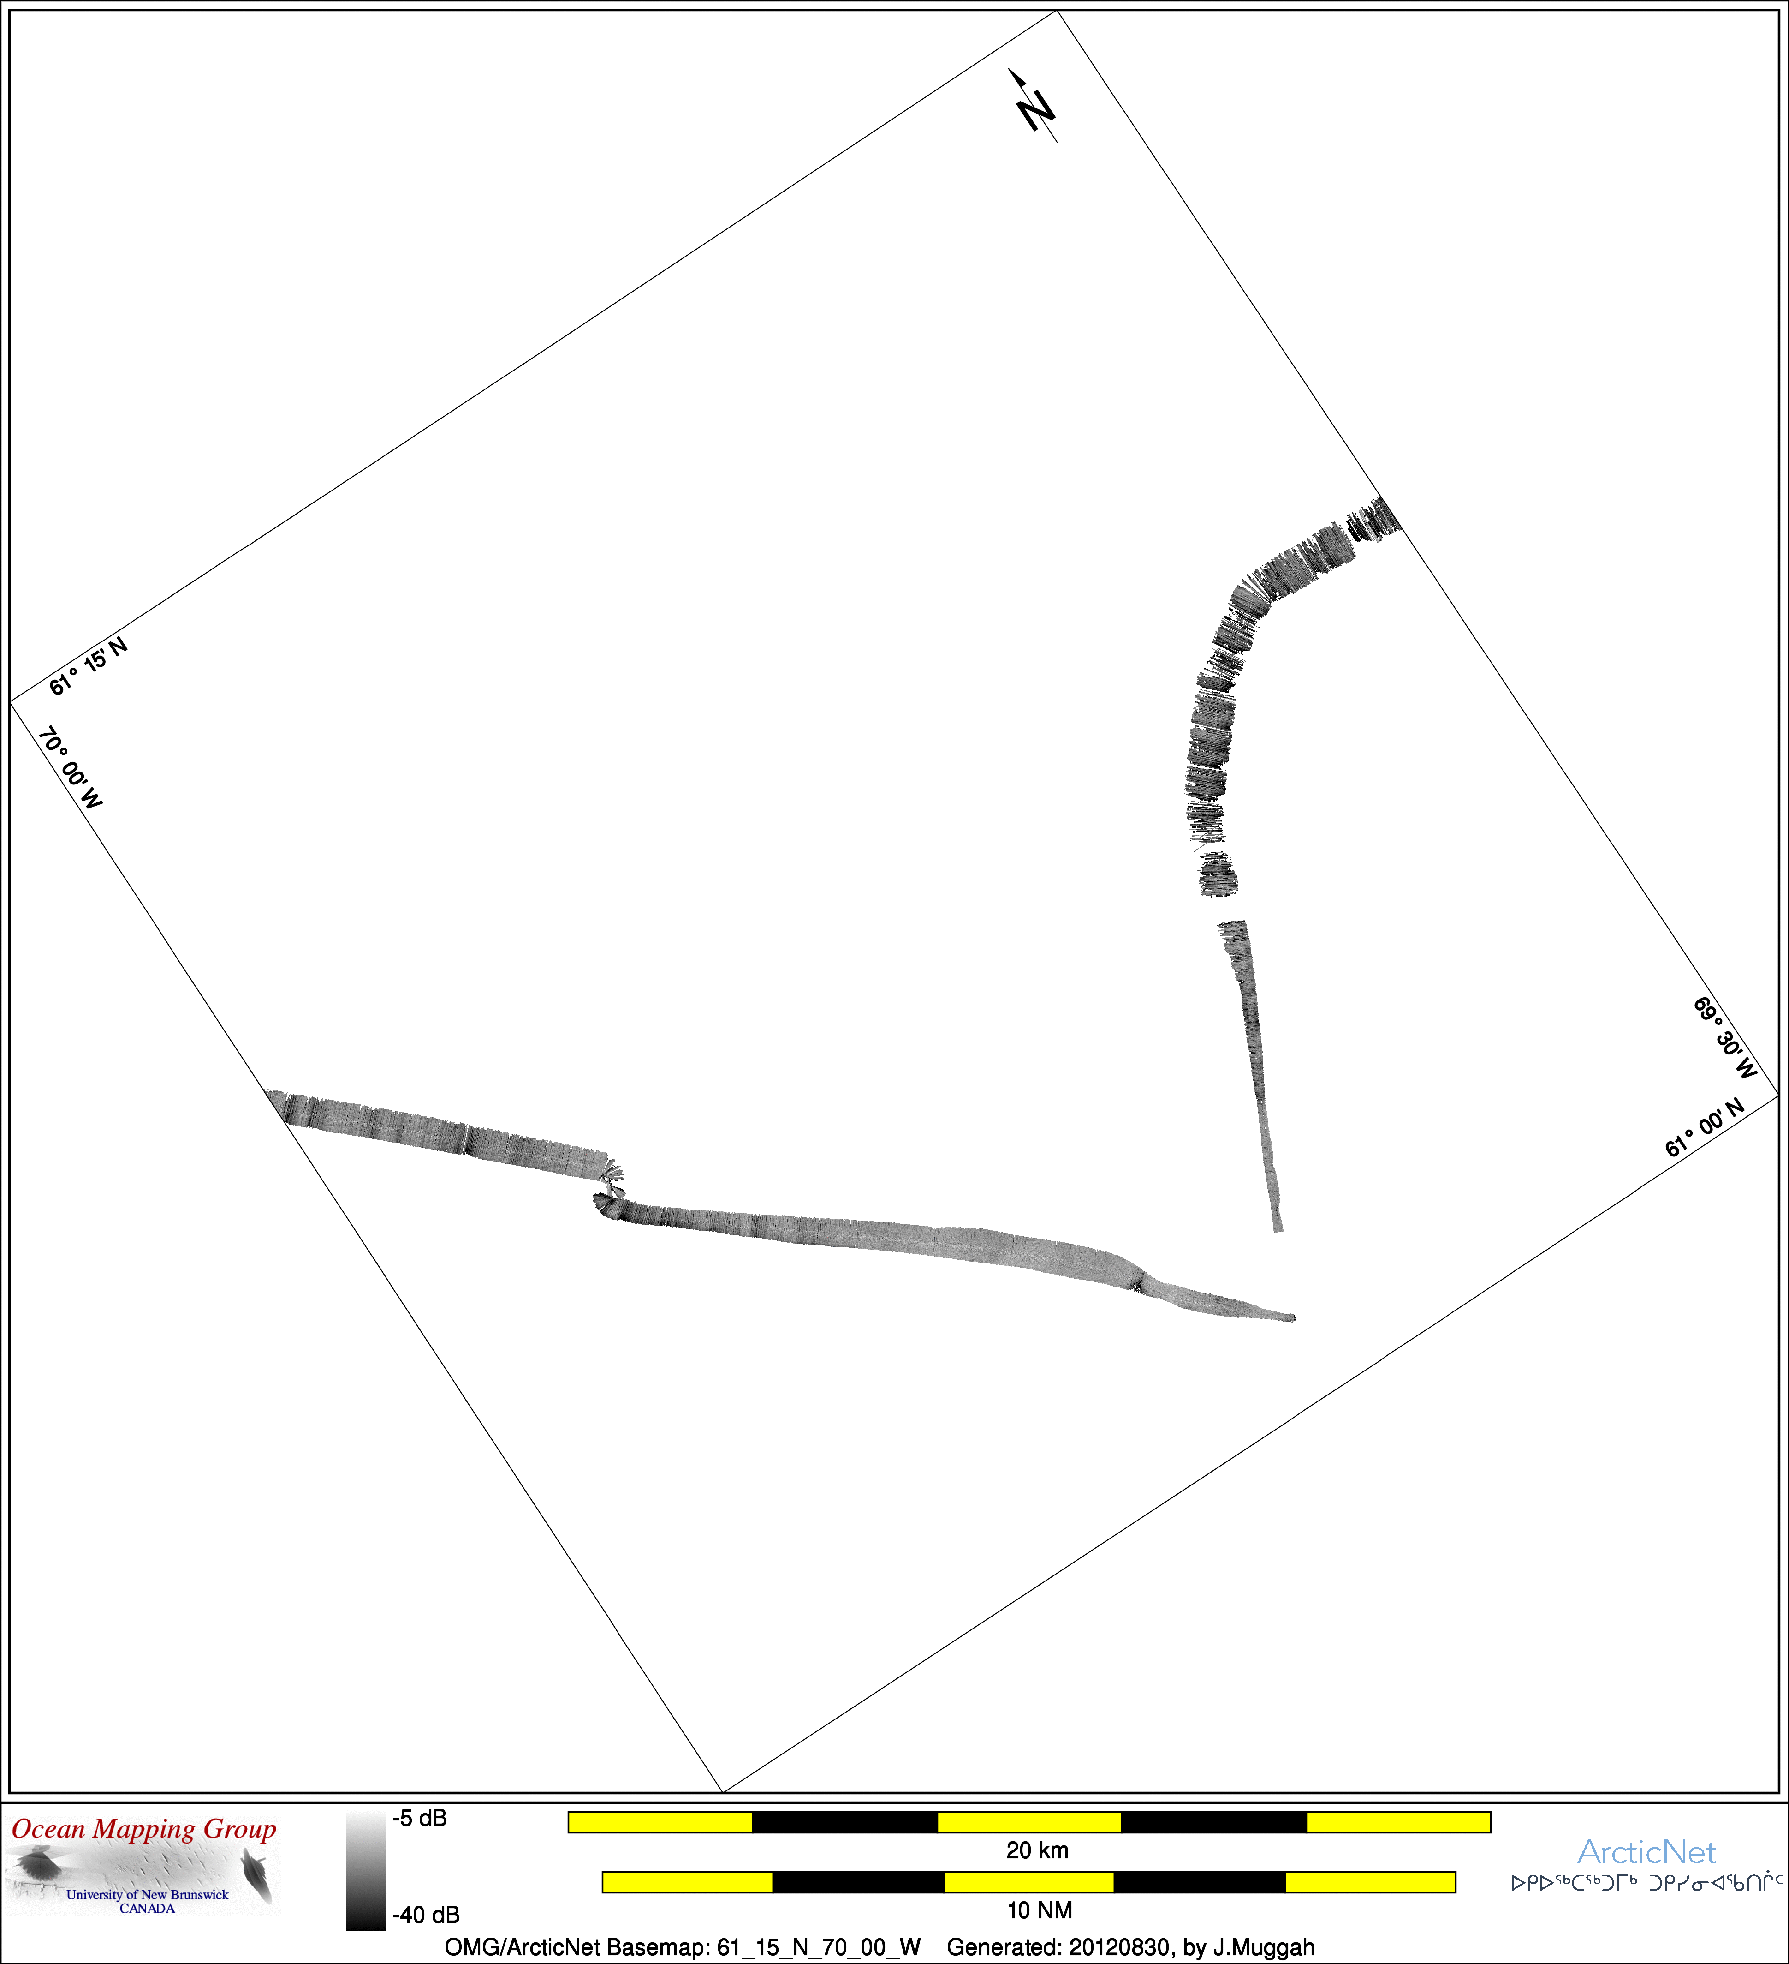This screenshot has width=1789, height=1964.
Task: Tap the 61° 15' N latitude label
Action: (89, 666)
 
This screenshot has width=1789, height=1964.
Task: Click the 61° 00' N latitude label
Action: (1704, 1127)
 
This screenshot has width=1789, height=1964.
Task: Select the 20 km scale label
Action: (1037, 1850)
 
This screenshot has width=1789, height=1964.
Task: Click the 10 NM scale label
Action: (1039, 1910)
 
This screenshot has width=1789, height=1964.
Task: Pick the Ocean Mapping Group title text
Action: (144, 1830)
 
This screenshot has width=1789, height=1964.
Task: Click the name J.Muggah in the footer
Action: (1264, 1947)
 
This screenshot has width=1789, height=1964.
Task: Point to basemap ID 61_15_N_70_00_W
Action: (819, 1947)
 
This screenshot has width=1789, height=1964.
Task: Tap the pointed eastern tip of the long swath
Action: (1295, 1319)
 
